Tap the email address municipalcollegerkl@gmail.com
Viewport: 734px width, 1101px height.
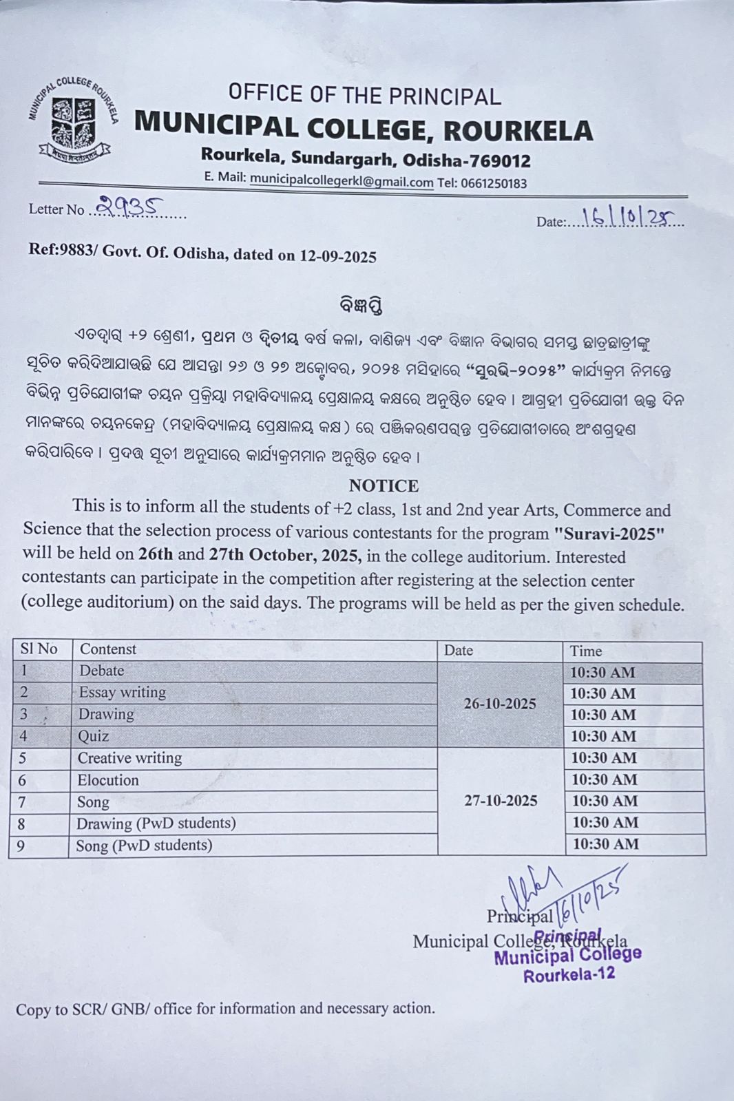[x=341, y=181]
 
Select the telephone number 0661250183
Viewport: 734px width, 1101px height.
[x=492, y=183]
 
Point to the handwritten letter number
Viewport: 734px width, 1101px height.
[x=130, y=205]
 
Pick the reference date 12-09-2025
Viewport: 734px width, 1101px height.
[x=337, y=257]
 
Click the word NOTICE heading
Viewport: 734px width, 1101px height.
[x=384, y=486]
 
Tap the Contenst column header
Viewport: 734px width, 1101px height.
[x=108, y=649]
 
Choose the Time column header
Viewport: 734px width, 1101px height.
[x=586, y=651]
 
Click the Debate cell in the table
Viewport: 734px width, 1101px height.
[x=102, y=671]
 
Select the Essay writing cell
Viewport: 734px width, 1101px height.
[x=123, y=692]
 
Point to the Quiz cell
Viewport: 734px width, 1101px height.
[x=94, y=736]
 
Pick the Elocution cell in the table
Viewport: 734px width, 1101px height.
[x=108, y=780]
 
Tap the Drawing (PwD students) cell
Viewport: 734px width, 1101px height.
[x=156, y=824]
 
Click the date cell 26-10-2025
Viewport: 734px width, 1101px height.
[x=500, y=704]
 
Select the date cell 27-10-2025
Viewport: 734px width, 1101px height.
[x=501, y=801]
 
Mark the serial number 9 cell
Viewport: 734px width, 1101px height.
[x=21, y=845]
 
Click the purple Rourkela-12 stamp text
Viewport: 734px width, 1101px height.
[x=569, y=975]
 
